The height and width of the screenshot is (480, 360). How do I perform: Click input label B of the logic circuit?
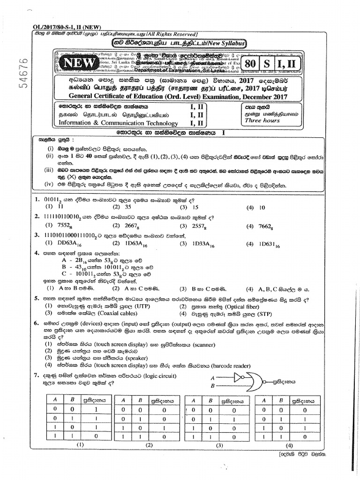point(213,385)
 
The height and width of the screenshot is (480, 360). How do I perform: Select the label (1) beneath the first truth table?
point(80,444)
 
